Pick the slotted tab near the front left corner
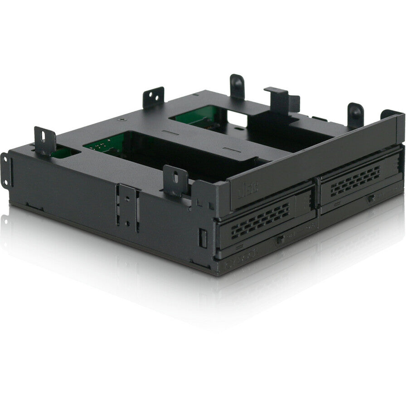click(175, 179)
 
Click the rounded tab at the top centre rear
click(237, 86)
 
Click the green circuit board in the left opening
click(102, 144)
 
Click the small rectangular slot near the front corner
click(203, 238)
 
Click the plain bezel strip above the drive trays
click(317, 159)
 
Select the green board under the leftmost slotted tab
click(63, 152)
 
